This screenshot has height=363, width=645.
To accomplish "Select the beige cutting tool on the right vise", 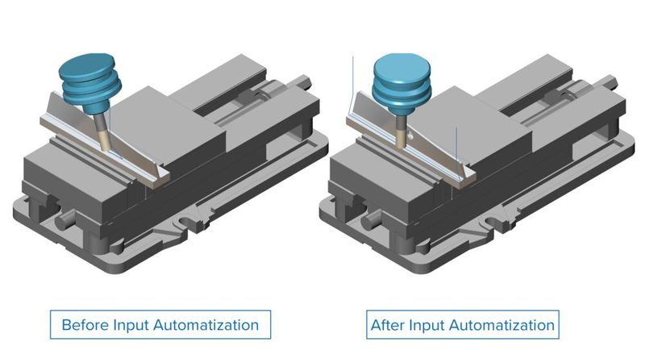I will (401, 130).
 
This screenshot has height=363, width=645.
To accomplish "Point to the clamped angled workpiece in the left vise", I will (129, 145).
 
